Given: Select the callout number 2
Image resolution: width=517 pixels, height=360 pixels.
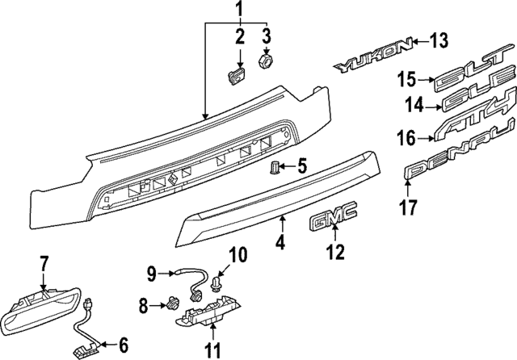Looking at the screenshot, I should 239,36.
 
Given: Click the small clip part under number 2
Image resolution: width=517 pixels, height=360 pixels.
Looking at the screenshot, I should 237,75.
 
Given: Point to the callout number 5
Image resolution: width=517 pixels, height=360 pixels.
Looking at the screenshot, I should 301,167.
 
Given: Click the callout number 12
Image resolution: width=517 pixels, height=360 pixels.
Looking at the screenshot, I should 334,253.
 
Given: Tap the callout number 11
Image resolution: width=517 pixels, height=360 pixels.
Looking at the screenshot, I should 212,351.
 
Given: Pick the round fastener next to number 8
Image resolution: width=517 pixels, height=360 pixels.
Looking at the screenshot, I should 171,305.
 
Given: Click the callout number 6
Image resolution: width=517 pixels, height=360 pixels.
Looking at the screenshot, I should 123,346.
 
